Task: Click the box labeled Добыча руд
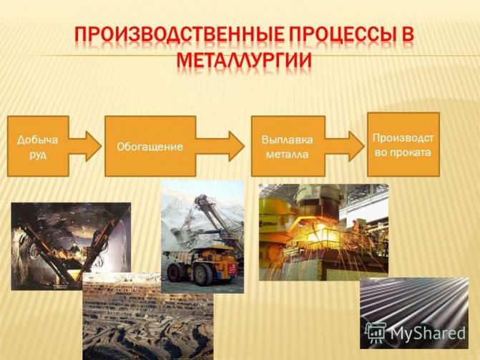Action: tap(38, 146)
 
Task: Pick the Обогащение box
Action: tap(150, 146)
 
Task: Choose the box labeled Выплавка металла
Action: tap(288, 146)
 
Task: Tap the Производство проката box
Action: tap(403, 145)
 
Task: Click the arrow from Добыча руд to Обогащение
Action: tap(84, 146)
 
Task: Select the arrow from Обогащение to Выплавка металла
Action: tap(220, 146)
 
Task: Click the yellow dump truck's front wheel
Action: tap(202, 275)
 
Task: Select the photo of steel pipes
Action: tap(414, 313)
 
